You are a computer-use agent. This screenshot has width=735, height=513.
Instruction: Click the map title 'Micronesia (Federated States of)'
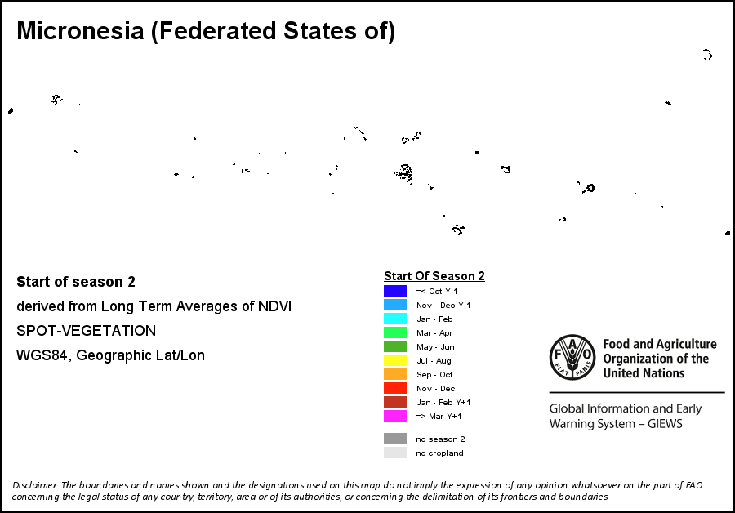[x=206, y=32]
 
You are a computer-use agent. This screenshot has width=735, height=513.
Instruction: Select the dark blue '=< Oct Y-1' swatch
[x=395, y=291]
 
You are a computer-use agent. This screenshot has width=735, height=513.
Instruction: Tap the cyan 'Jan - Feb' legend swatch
[x=395, y=319]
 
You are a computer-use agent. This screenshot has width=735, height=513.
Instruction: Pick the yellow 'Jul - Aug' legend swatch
[x=395, y=360]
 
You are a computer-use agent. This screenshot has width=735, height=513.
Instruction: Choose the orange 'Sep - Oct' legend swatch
[x=395, y=374]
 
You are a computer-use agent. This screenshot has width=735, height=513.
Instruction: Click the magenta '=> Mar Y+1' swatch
[x=395, y=416]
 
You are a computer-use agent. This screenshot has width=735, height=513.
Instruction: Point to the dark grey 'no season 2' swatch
[x=395, y=439]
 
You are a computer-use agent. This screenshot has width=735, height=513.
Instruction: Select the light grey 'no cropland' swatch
[x=395, y=453]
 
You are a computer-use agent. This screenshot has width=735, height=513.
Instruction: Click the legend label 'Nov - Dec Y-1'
[x=443, y=305]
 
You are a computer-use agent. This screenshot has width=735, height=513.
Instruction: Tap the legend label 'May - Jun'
[x=434, y=346]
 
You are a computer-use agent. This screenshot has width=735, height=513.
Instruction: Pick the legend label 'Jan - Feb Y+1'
[x=443, y=402]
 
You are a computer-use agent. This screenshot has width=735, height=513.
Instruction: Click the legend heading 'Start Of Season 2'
[x=434, y=276]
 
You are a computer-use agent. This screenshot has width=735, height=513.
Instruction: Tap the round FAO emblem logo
[x=572, y=357]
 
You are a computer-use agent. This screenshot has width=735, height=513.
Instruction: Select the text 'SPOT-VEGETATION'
[x=86, y=331]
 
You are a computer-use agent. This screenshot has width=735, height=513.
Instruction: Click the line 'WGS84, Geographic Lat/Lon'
[x=110, y=355]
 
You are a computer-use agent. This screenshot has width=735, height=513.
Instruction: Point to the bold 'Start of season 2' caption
[x=76, y=282]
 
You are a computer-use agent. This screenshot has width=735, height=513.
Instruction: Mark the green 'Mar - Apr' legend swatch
[x=395, y=332]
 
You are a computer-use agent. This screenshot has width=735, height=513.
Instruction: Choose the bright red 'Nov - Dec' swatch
[x=395, y=388]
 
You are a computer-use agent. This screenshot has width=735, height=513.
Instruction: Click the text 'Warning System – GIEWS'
[x=615, y=424]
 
